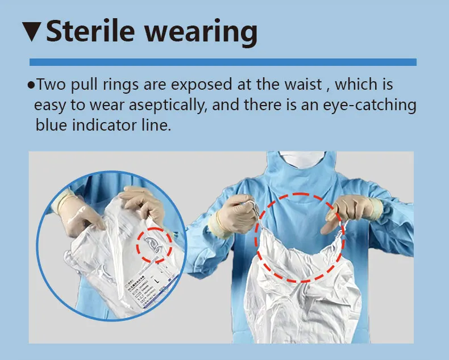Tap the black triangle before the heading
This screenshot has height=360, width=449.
[x=33, y=32]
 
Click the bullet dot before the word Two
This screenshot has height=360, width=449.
[x=31, y=86]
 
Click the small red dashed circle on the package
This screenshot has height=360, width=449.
[x=153, y=245]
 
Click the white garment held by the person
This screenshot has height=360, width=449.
[x=301, y=295]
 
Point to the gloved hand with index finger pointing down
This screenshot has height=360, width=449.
[x=353, y=210]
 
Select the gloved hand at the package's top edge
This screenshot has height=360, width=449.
[x=142, y=202]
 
